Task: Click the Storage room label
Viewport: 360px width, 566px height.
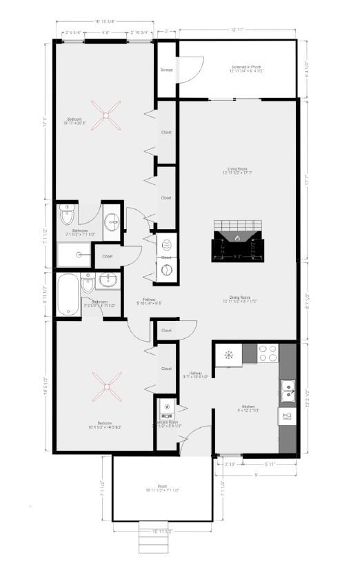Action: (166, 70)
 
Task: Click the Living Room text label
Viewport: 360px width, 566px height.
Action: (239, 169)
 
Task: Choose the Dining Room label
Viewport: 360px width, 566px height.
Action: (240, 298)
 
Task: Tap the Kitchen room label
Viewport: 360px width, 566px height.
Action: (248, 407)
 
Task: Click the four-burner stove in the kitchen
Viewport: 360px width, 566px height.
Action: (268, 353)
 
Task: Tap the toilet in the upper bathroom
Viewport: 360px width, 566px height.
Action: (67, 216)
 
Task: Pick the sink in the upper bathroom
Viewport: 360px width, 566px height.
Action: (111, 222)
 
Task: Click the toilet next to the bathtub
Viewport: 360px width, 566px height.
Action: (88, 284)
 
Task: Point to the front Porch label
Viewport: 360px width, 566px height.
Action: (162, 487)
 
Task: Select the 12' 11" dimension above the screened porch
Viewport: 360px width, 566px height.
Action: (238, 30)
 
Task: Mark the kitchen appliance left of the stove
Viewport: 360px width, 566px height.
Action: (227, 355)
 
